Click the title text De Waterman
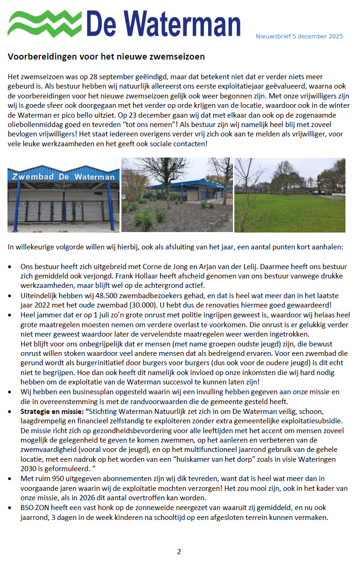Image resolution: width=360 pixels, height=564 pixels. click(163, 23)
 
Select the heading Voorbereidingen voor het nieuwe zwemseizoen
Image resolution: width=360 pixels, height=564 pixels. click(106, 57)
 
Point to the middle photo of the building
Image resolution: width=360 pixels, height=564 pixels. click(177, 195)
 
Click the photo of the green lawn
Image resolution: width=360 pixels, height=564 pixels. click(290, 195)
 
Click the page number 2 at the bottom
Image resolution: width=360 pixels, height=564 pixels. click(179, 551)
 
